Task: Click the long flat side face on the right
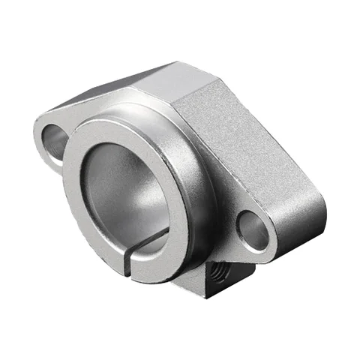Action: [255, 150]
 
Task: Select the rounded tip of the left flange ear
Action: [39, 135]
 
